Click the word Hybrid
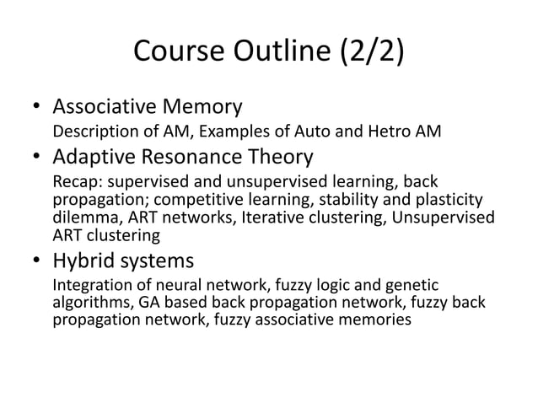(x=84, y=261)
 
